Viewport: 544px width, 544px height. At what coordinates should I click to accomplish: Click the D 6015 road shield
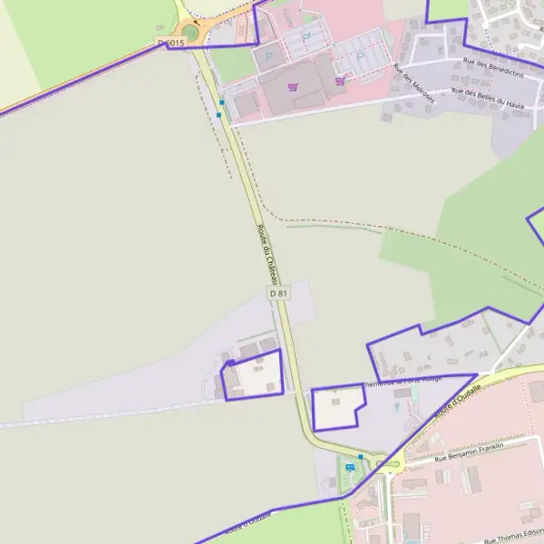pyautogui.click(x=170, y=43)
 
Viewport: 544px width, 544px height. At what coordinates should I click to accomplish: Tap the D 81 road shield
pyautogui.click(x=278, y=294)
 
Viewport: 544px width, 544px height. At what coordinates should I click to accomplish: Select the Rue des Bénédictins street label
pyautogui.click(x=493, y=66)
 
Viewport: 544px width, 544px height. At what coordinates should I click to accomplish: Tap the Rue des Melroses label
pyautogui.click(x=414, y=83)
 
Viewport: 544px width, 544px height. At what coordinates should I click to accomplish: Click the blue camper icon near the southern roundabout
pyautogui.click(x=350, y=468)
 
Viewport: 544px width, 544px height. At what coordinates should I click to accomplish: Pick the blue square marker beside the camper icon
pyautogui.click(x=360, y=457)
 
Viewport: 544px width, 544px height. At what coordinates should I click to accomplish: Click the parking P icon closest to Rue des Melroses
pyautogui.click(x=360, y=55)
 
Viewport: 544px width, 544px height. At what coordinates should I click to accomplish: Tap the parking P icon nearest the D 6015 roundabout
pyautogui.click(x=269, y=54)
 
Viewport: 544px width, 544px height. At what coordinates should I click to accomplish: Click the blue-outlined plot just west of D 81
pyautogui.click(x=252, y=375)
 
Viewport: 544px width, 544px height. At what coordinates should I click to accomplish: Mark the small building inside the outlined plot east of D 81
pyautogui.click(x=335, y=400)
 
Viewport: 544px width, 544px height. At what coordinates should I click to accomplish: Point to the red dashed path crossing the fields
pyautogui.click(x=363, y=225)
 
